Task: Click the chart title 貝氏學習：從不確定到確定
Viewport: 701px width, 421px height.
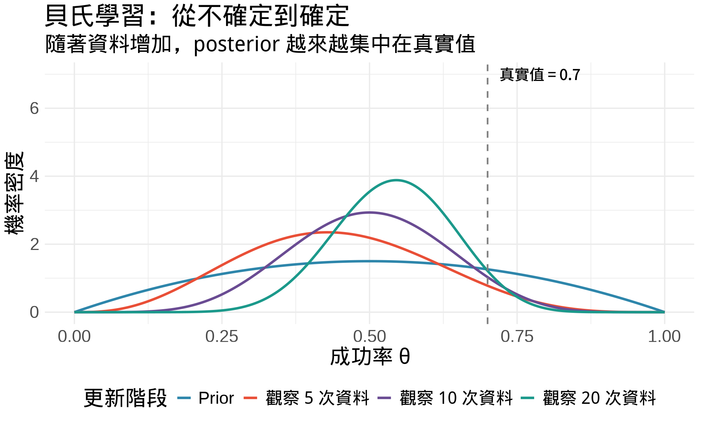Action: (197, 16)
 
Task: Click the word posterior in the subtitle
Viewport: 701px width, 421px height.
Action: (237, 44)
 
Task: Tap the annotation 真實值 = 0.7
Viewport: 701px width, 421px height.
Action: (540, 75)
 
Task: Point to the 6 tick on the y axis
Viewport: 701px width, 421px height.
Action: (34, 109)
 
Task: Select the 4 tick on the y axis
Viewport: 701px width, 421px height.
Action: (34, 177)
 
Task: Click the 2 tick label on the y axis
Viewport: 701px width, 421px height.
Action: (34, 244)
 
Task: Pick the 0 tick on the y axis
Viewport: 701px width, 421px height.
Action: (34, 312)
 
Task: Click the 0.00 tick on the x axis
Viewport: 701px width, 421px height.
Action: (74, 337)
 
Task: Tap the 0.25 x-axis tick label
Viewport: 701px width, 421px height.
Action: (222, 337)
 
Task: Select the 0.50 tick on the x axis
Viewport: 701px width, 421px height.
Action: (369, 337)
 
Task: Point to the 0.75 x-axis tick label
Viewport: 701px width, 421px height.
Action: (517, 337)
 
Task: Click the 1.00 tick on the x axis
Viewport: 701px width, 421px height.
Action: (664, 337)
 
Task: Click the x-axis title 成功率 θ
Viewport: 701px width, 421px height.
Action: (369, 357)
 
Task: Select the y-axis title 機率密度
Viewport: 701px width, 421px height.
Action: (15, 193)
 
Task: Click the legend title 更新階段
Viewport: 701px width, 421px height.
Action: (125, 398)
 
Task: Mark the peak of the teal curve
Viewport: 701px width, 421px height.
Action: (397, 180)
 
